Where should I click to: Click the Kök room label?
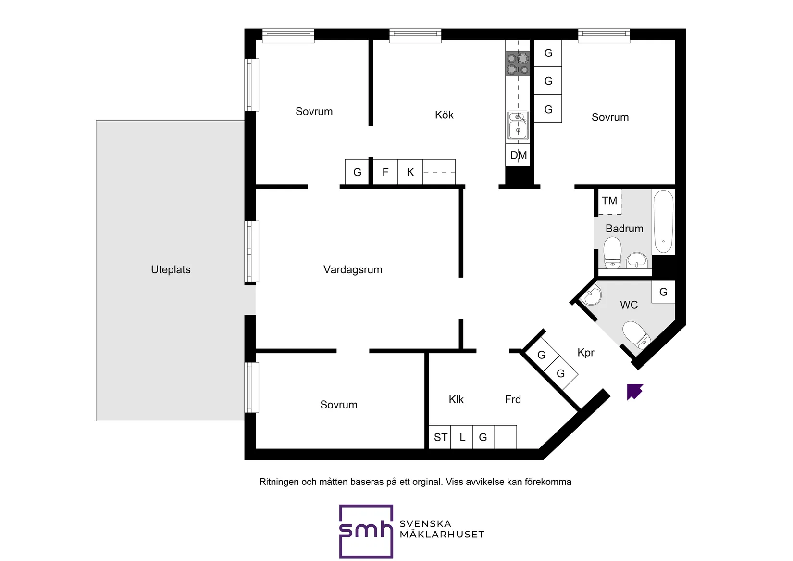coord(444,115)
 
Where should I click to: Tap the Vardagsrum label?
coord(353,270)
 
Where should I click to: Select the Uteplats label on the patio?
coord(171,270)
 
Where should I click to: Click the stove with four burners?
coord(518,64)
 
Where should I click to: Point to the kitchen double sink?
coord(518,126)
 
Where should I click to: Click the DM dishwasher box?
coord(518,154)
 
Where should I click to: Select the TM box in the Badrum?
coord(609,201)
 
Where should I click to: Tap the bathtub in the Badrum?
coord(663,222)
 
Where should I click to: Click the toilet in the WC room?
coord(636,333)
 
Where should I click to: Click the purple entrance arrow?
coord(634,392)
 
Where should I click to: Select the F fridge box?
coord(385,172)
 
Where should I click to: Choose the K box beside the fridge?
coord(410,172)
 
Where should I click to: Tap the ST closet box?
coord(440,437)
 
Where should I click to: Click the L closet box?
coord(462,437)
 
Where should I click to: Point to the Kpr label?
coord(586,353)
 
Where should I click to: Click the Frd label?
coord(513,399)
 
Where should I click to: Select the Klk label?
coord(456,399)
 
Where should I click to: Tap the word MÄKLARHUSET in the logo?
coord(442,535)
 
